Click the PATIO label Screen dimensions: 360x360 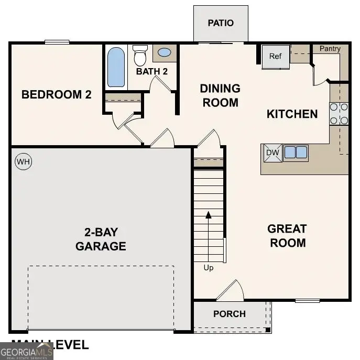pos(220,23)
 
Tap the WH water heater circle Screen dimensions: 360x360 pos(24,162)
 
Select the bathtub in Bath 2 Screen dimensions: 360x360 pos(116,67)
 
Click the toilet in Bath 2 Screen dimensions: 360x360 pos(140,56)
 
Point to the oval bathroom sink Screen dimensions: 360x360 pos(164,52)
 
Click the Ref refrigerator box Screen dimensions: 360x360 pos(276,57)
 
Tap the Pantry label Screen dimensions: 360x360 pos(330,49)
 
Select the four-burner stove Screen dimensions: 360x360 pos(339,114)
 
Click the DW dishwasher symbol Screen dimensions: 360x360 pos(272,152)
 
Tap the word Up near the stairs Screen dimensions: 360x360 pos(209,268)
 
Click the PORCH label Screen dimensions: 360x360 pos(230,314)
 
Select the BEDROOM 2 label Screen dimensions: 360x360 pos(56,95)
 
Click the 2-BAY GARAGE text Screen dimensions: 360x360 pos(101,239)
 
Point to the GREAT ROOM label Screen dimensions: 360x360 pos(287,236)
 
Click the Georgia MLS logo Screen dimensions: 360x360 pos(26,352)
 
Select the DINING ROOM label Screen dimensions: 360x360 pos(220,95)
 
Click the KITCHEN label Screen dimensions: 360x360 pos(292,114)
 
